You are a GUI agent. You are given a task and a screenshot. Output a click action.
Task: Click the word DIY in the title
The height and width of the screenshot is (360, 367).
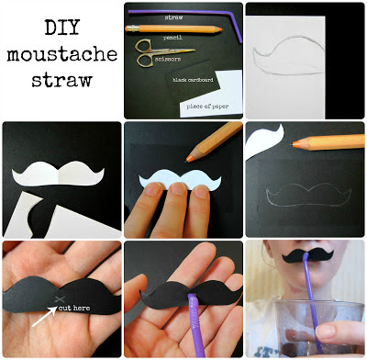pos(62,28)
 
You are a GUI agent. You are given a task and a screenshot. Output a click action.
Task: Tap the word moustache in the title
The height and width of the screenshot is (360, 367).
pos(62,54)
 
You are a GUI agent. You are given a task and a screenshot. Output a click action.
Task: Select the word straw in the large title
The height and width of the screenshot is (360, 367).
pos(62,80)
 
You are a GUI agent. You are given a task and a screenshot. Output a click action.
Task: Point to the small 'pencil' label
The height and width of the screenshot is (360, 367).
pos(172,38)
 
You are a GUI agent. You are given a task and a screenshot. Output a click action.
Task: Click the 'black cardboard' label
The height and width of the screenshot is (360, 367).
pos(193,80)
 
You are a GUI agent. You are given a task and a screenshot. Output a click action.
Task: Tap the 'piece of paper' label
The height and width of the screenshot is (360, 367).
pos(207,107)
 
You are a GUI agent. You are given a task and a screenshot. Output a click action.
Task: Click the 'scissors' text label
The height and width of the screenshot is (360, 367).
pos(168,59)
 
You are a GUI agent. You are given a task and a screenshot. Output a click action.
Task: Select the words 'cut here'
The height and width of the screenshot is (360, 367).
pos(74,308)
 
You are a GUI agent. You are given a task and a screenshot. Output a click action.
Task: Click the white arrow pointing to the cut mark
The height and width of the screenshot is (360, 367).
pos(44,316)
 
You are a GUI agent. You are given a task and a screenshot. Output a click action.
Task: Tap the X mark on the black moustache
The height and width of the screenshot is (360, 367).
pos(60,299)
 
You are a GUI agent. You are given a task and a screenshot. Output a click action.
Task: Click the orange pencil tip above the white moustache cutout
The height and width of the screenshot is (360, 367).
pos(189,158)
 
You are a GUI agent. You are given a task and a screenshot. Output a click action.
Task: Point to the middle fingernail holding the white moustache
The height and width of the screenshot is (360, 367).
pos(177,188)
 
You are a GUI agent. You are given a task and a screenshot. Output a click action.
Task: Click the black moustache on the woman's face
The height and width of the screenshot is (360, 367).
pos(307,255)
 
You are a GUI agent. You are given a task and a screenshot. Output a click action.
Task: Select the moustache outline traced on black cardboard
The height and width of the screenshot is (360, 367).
pos(308,195)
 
